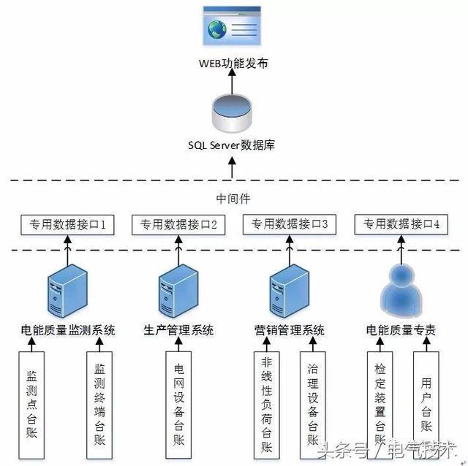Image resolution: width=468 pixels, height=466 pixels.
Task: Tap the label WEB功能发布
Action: click(233, 64)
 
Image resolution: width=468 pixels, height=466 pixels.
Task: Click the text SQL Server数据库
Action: click(233, 145)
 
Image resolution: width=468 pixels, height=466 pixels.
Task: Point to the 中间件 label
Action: click(233, 197)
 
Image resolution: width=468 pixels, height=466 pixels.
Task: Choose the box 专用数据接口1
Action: click(68, 225)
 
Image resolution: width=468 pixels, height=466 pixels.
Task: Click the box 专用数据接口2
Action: click(178, 225)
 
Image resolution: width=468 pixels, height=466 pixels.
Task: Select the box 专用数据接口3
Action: click(290, 225)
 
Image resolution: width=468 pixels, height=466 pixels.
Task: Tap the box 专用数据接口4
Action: click(401, 225)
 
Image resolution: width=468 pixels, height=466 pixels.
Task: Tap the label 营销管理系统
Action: click(290, 330)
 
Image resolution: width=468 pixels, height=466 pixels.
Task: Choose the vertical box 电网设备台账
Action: click(179, 405)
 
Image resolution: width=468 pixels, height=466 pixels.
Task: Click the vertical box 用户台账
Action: click(426, 405)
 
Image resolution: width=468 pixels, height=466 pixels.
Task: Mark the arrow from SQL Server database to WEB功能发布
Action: click(233, 82)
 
